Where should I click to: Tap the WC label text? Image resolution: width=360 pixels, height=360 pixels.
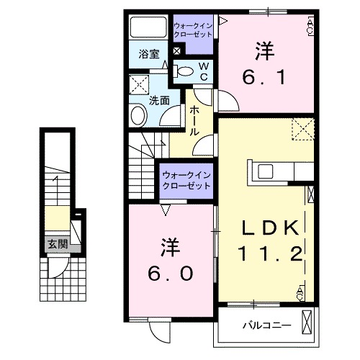click(203, 71)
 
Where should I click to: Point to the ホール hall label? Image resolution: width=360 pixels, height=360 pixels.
click(194, 121)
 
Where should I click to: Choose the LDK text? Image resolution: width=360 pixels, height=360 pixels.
click(269, 229)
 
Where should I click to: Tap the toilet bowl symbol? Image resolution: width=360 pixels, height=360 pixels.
click(184, 71)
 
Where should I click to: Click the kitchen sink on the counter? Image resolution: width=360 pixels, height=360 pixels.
click(264, 171)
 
